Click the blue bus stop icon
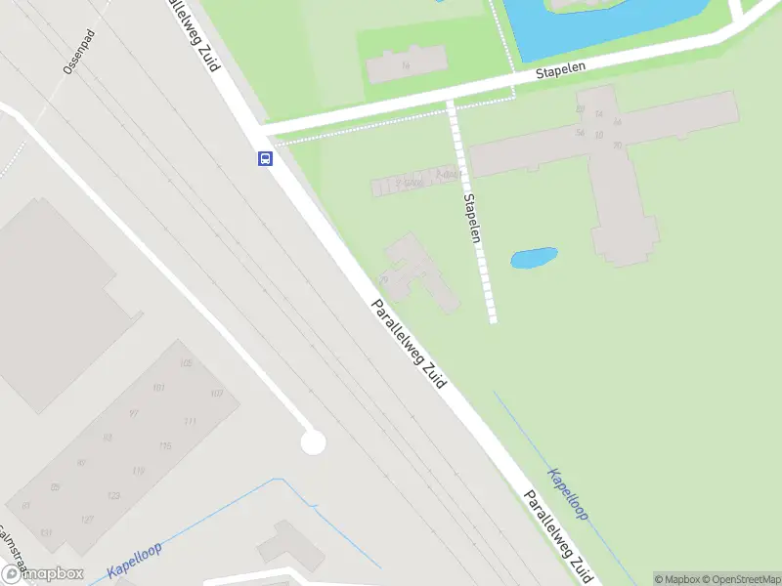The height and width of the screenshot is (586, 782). click(265, 158)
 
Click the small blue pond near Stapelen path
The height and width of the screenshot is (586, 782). click(534, 259)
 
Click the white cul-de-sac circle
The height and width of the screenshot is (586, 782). click(313, 442)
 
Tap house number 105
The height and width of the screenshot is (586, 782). click(186, 363)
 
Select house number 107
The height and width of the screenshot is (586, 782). click(217, 394)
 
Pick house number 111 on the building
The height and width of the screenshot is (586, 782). click(191, 421)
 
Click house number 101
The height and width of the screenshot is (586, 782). click(159, 388)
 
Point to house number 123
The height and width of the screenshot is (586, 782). click(113, 496)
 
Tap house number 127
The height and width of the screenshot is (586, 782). click(88, 520)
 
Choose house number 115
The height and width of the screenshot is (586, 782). click(165, 446)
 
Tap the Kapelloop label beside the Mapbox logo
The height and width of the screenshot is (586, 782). click(134, 564)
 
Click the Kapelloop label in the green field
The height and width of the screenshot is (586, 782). click(568, 494)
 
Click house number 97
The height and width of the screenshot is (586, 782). click(134, 413)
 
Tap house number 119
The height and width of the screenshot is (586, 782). click(139, 472)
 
